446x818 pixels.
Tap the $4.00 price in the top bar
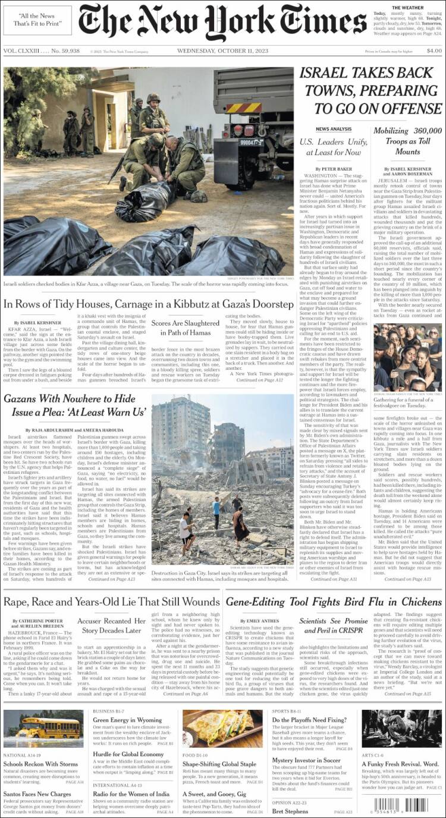tap(434, 51)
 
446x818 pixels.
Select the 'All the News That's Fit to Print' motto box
tap(37, 20)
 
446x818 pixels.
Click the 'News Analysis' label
tap(333, 129)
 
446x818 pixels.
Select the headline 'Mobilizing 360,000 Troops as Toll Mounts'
tap(407, 141)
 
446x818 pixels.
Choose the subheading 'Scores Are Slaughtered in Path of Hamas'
tap(186, 328)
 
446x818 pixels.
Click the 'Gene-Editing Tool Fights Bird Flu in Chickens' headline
tap(334, 602)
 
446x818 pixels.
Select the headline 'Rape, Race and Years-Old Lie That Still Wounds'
tap(112, 602)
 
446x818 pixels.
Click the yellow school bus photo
tap(43, 729)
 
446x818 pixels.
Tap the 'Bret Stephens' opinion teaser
tap(290, 811)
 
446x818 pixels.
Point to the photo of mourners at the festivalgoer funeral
tap(407, 358)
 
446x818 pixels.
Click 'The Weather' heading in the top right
tap(407, 8)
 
